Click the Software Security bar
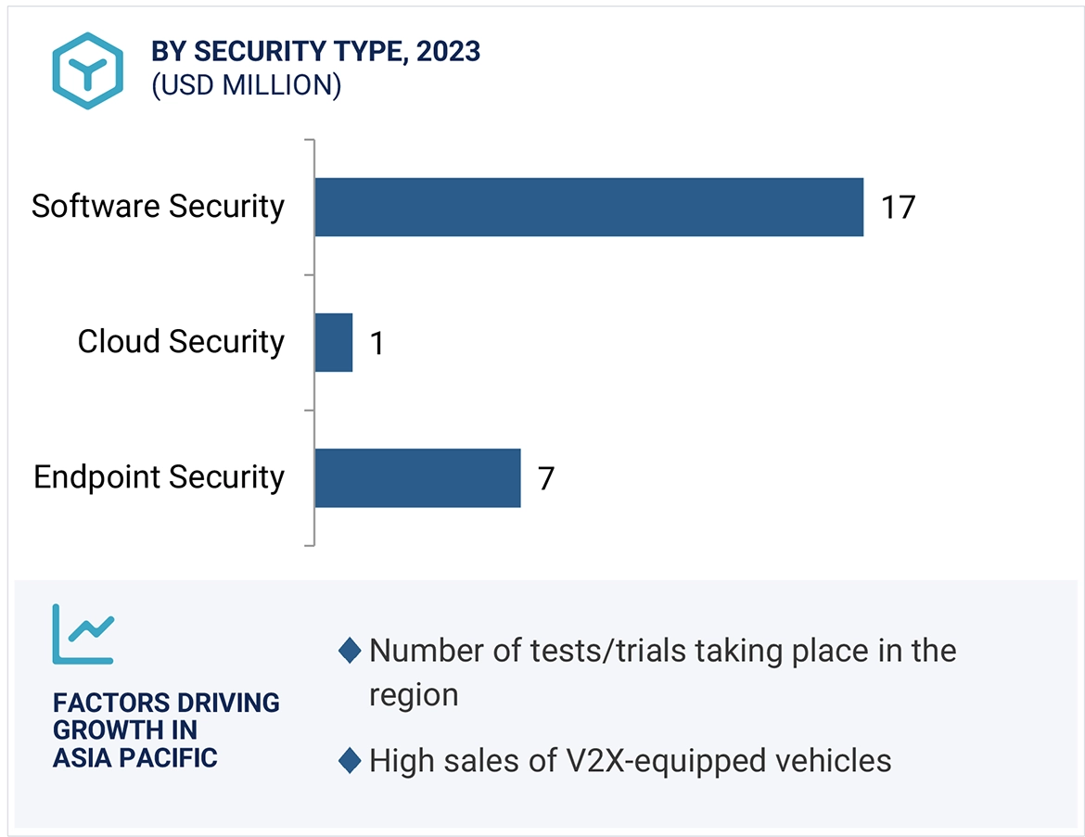[x=589, y=207]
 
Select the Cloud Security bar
[x=334, y=342]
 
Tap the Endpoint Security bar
[x=417, y=477]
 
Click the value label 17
[x=898, y=207]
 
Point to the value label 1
[x=376, y=344]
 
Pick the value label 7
[x=546, y=479]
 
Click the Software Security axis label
[x=158, y=206]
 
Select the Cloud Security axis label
[x=181, y=341]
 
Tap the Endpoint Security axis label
[x=160, y=477]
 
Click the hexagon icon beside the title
[x=87, y=70]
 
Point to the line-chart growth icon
[x=83, y=634]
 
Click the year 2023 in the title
[x=449, y=52]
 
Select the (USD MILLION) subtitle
[x=247, y=85]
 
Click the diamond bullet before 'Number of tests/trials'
[x=350, y=651]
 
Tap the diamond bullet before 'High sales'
[x=350, y=762]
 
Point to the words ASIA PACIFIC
[x=134, y=757]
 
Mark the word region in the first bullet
[x=414, y=694]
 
